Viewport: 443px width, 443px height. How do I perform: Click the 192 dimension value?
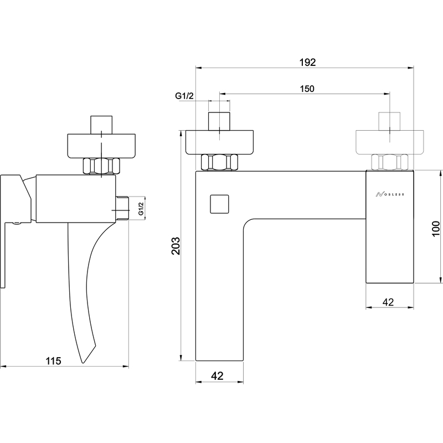pyautogui.click(x=307, y=62)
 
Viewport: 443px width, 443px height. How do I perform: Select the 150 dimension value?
pyautogui.click(x=307, y=89)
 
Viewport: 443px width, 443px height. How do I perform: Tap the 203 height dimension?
pyautogui.click(x=176, y=246)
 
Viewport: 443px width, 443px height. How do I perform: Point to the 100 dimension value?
pyautogui.click(x=436, y=229)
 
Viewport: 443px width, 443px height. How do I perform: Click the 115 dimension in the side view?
pyautogui.click(x=53, y=361)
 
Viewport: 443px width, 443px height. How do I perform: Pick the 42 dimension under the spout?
pyautogui.click(x=217, y=376)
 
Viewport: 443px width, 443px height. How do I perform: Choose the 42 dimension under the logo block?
pyautogui.click(x=388, y=302)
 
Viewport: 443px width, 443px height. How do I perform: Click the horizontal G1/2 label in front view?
pyautogui.click(x=184, y=96)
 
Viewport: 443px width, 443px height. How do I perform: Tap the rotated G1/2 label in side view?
pyautogui.click(x=141, y=209)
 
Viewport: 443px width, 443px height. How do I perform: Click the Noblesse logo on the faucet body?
pyautogui.click(x=390, y=194)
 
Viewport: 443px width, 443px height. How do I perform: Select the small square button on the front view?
pyautogui.click(x=219, y=204)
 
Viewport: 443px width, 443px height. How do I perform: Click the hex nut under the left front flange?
pyautogui.click(x=219, y=162)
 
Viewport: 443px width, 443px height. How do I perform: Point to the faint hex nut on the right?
pyautogui.click(x=390, y=162)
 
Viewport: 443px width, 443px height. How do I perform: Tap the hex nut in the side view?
pyautogui.click(x=101, y=166)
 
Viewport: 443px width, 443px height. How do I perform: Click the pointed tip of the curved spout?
pyautogui.click(x=83, y=363)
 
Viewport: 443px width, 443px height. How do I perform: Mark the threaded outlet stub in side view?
pyautogui.click(x=122, y=208)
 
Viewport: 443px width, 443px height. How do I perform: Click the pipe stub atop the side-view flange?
pyautogui.click(x=101, y=125)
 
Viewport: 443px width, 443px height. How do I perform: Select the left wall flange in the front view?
pyautogui.click(x=219, y=142)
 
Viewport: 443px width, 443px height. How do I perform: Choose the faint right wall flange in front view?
pyautogui.click(x=390, y=142)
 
